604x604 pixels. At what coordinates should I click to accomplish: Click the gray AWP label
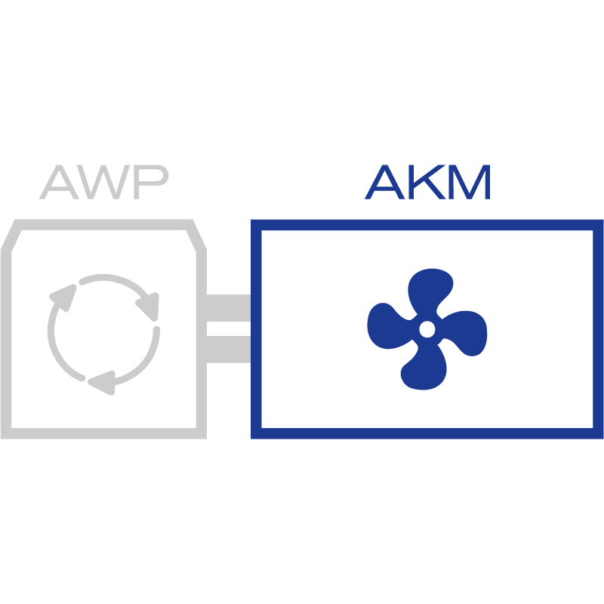tap(103, 183)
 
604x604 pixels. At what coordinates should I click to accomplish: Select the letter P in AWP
tap(149, 183)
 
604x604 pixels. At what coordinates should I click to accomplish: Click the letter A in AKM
tap(384, 183)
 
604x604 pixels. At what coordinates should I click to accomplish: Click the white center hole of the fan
tap(427, 329)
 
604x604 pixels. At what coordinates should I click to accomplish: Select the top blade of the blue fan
tap(431, 291)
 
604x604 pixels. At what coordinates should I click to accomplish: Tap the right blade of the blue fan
tap(465, 333)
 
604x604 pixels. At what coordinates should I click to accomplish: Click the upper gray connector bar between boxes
tap(228, 307)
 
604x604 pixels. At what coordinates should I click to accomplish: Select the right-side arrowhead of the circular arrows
tap(149, 304)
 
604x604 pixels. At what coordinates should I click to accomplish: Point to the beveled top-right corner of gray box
tap(196, 236)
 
